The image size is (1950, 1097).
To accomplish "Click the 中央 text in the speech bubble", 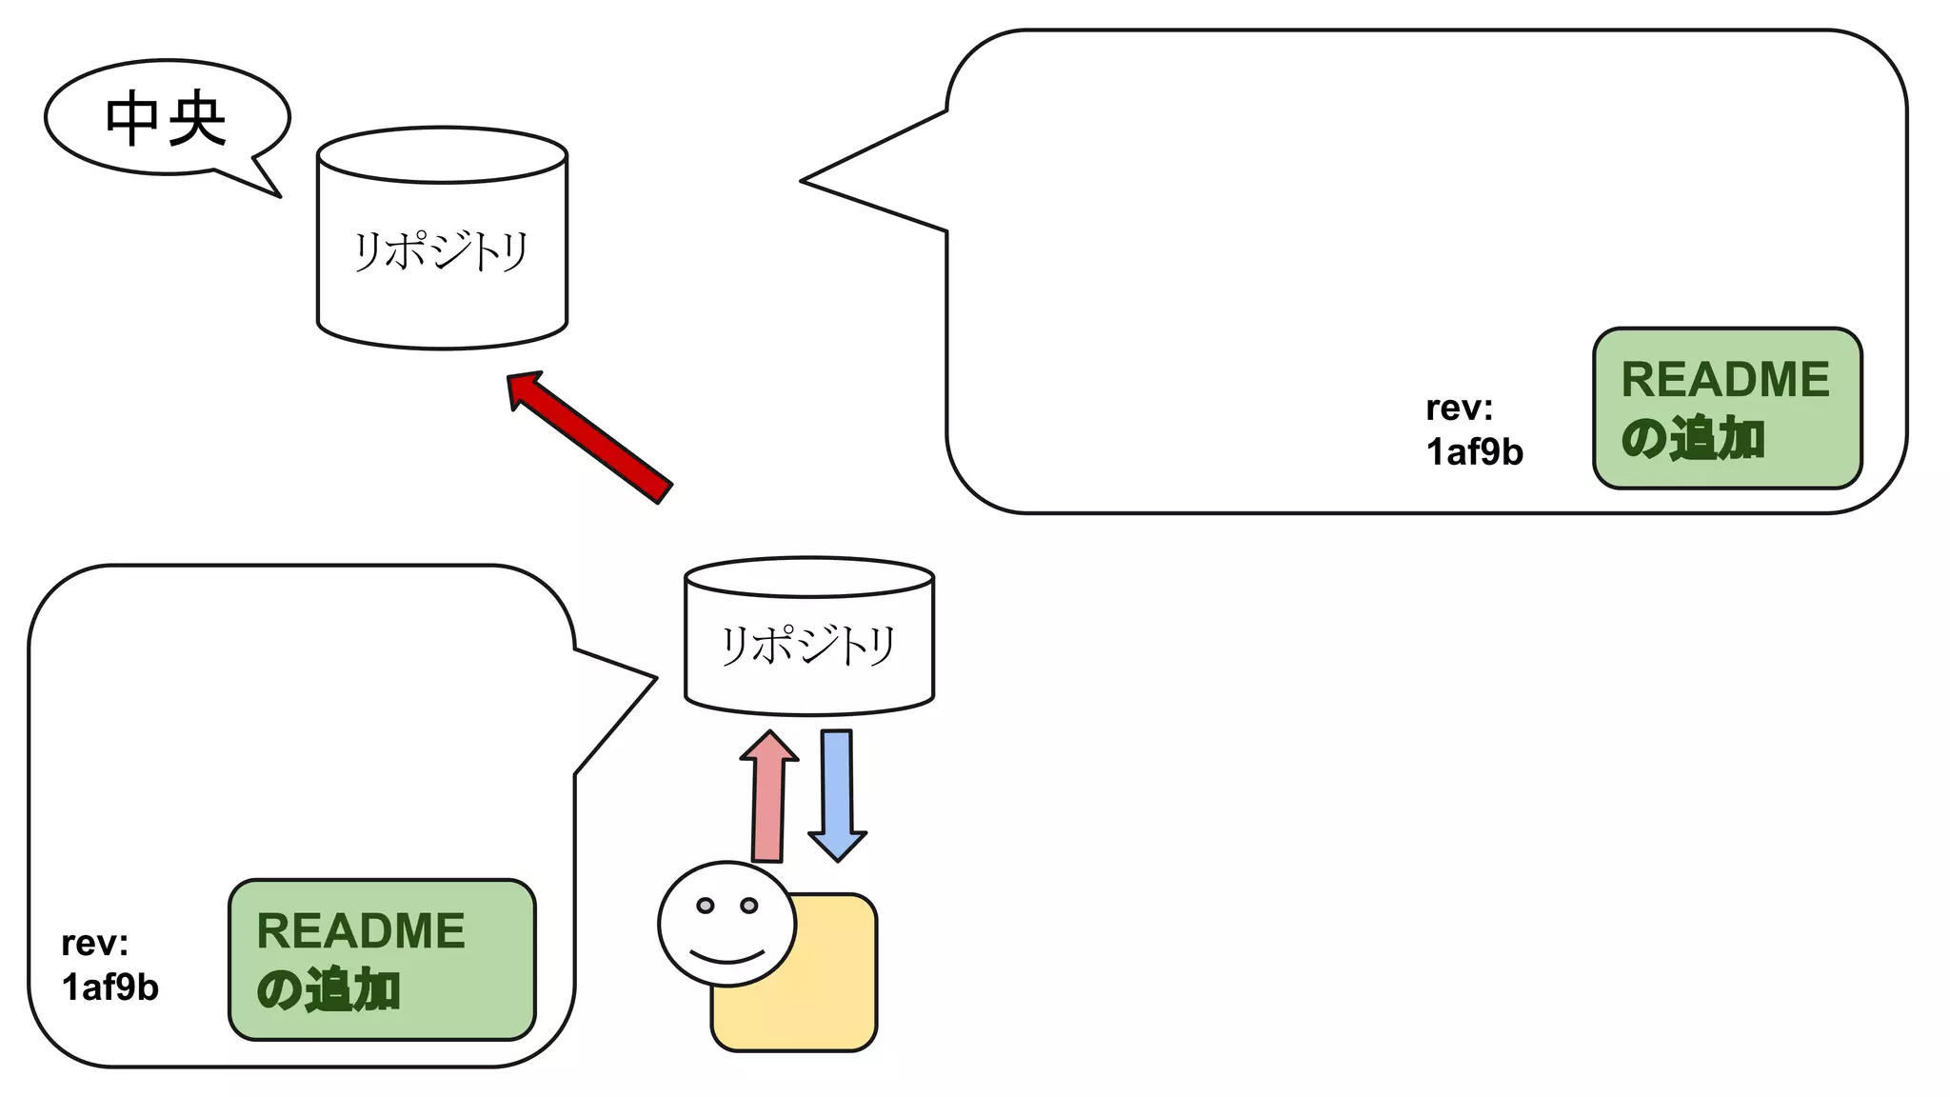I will tap(166, 119).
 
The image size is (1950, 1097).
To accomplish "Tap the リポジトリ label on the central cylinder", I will tap(441, 251).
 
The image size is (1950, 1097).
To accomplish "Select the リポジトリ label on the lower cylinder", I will tap(808, 645).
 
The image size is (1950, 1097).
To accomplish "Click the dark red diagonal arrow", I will tap(590, 436).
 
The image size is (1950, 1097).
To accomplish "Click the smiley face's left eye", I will tap(705, 905).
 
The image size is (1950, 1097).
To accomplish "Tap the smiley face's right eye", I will tap(749, 905).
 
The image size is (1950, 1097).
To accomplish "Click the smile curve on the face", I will tap(727, 955).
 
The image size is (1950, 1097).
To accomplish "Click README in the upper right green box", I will tap(1725, 379).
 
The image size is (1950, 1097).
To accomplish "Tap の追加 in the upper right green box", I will tap(1693, 439).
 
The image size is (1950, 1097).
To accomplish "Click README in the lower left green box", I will tap(361, 930).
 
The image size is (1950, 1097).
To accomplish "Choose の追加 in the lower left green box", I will tap(328, 990).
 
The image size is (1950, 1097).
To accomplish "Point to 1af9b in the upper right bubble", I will tap(1474, 451).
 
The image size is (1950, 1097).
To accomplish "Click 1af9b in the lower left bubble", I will tap(109, 987).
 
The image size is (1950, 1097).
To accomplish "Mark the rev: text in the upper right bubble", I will tap(1459, 408).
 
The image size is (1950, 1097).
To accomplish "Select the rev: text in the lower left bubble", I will tap(94, 943).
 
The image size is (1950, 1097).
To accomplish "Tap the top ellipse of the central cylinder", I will tap(442, 154).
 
